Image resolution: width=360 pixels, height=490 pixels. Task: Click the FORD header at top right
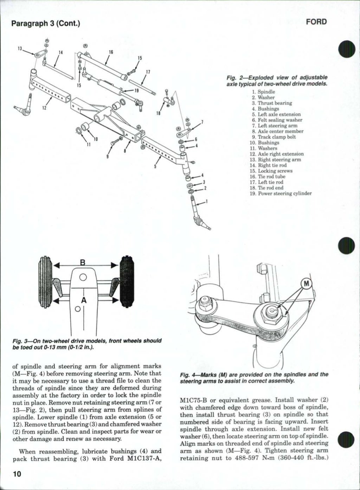(316, 22)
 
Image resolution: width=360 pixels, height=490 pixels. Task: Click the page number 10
(17, 473)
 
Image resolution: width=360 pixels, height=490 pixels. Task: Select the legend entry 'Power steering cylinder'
(284, 193)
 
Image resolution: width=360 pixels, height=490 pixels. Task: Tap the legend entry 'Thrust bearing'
(275, 103)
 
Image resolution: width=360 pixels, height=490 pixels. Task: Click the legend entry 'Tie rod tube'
(271, 177)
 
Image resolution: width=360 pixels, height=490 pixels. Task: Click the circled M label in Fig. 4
(307, 284)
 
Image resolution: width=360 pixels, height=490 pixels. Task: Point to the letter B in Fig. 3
(83, 263)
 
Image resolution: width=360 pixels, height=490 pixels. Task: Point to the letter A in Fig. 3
(83, 300)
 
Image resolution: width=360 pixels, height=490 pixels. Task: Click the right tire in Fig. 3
(127, 281)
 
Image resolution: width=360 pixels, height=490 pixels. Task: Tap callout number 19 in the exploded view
(137, 90)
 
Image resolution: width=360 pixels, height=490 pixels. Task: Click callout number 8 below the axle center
(125, 152)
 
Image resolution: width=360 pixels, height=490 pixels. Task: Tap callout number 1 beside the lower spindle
(207, 202)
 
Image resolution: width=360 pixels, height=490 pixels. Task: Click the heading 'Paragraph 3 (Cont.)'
(46, 24)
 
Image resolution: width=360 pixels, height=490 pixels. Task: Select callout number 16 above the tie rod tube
(110, 52)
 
